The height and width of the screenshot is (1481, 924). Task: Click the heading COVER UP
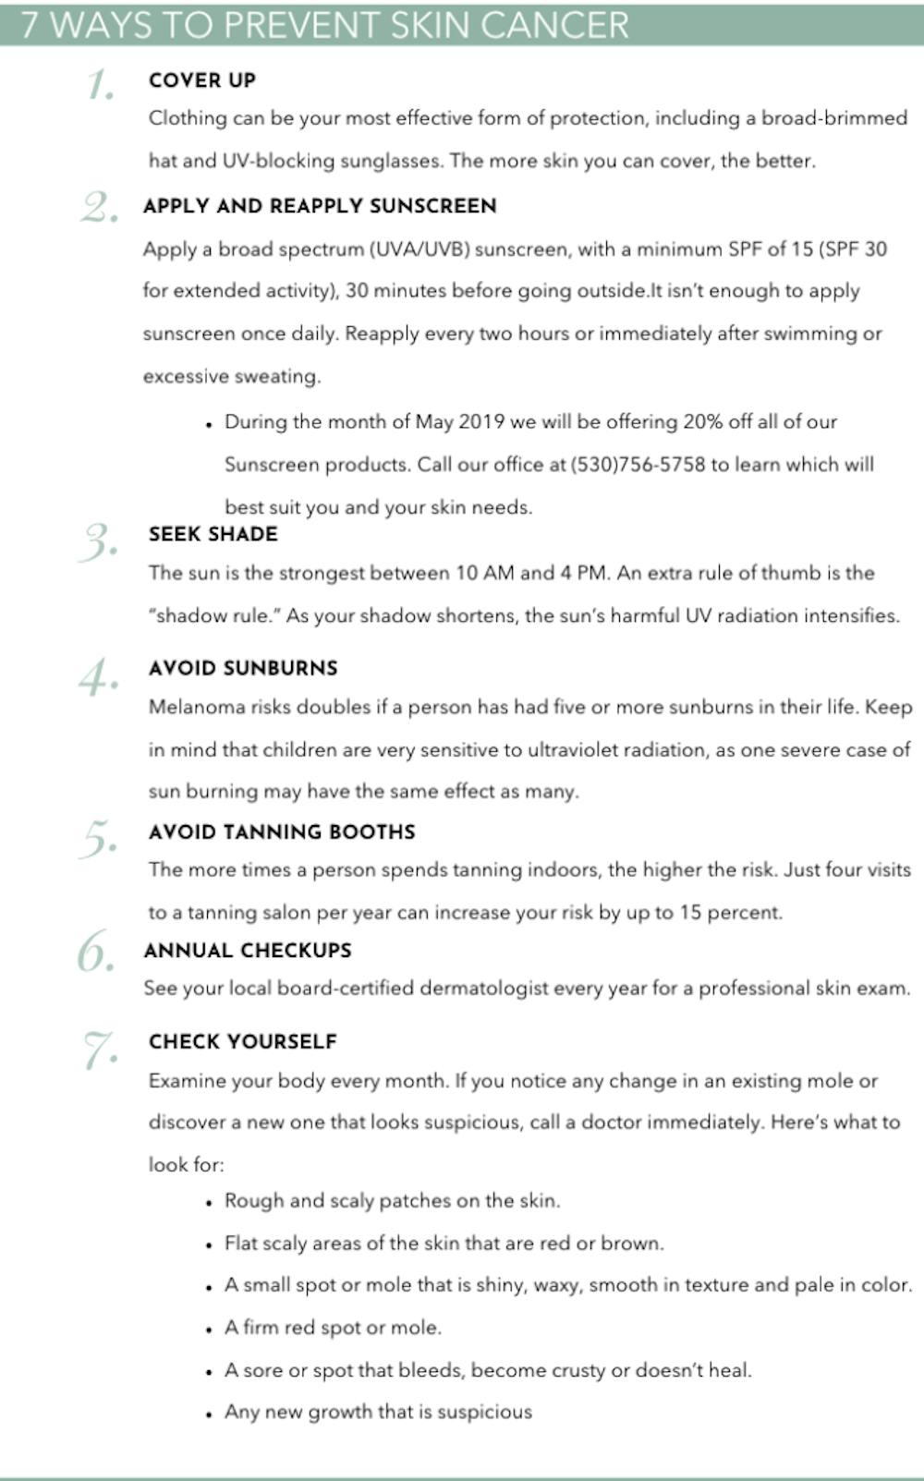tap(202, 80)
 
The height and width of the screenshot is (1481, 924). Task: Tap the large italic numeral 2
tap(98, 208)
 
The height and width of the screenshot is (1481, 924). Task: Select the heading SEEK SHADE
tap(213, 534)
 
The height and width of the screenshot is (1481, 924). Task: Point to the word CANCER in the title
tap(553, 24)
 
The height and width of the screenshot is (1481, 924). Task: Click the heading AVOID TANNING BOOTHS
tap(282, 832)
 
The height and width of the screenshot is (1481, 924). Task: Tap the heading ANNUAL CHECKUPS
tap(248, 950)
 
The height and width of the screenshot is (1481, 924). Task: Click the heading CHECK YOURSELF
tap(243, 1041)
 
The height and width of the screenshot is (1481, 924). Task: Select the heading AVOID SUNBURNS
tap(243, 668)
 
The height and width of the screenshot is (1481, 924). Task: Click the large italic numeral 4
tap(98, 678)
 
